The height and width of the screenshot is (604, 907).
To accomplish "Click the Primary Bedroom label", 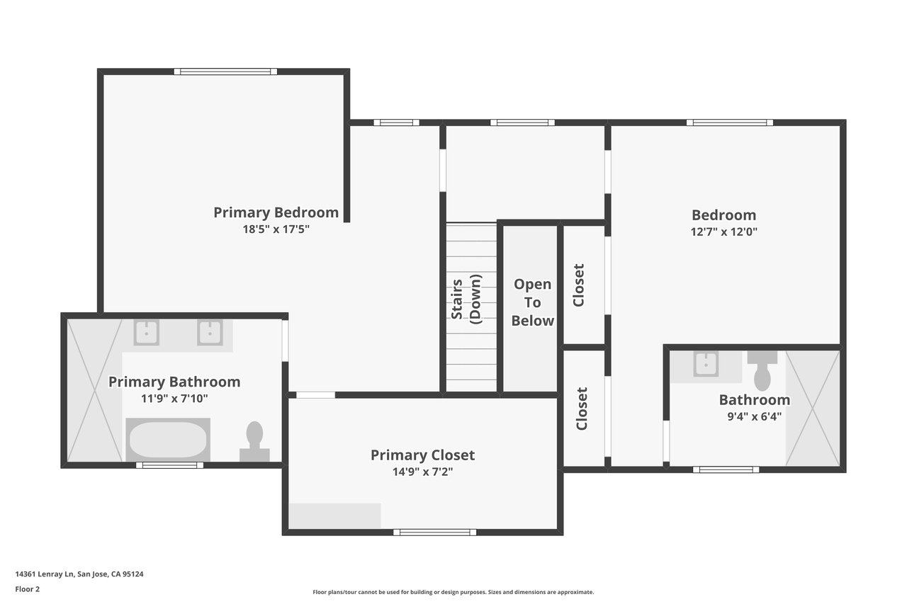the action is pos(276,212).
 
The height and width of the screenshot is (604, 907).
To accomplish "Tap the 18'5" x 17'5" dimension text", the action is pos(276,229).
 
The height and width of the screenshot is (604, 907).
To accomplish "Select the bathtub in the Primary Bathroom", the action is pos(168,440).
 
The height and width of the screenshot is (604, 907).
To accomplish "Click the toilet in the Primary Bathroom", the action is pos(254,442).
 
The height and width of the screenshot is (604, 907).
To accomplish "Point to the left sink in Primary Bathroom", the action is pos(146,332).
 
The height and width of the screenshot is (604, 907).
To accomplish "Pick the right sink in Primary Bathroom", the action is pos(210,332).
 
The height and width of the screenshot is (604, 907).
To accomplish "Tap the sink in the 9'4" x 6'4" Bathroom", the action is pos(706,364).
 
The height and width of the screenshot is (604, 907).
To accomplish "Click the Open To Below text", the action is pos(532,302).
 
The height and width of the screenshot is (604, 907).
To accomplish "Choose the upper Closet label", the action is pos(579,285).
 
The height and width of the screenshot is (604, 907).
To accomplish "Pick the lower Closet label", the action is pos(582,409).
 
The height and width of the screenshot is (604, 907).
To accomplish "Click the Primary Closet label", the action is pos(422,455).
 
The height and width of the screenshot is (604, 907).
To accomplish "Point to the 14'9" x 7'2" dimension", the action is pos(422,472).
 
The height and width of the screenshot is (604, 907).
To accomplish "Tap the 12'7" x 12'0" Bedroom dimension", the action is pos(724,232).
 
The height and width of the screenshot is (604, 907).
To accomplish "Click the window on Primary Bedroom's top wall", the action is pos(225,72).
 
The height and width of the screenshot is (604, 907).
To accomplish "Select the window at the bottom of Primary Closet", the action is pos(434,532).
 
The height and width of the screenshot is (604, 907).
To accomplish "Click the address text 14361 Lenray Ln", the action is pos(45,574).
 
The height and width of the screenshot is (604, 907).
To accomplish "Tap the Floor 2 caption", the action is pos(28,589).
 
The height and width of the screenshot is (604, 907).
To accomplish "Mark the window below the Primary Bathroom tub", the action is pos(169,465).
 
